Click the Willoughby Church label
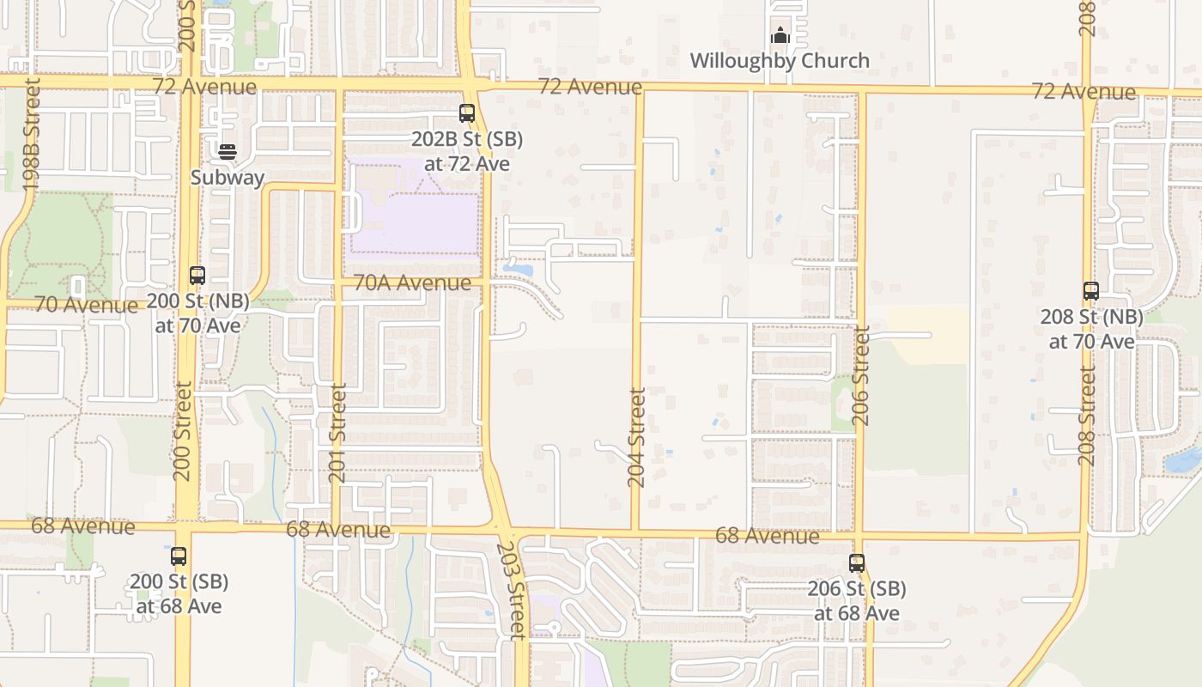(x=780, y=61)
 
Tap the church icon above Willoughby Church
(x=780, y=35)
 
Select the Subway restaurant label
(x=228, y=178)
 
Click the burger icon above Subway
(x=228, y=152)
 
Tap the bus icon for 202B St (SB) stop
(x=467, y=112)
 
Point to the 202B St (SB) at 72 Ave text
(x=467, y=151)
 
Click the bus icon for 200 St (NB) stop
(x=197, y=276)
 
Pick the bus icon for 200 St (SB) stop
(x=179, y=556)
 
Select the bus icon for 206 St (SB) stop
(x=857, y=563)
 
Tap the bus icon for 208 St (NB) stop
(x=1091, y=291)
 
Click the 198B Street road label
(x=32, y=134)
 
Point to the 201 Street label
(x=338, y=433)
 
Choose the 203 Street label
(x=513, y=588)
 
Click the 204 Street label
(x=636, y=437)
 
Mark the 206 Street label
(x=862, y=375)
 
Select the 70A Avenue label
(x=412, y=282)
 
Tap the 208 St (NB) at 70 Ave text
(x=1091, y=329)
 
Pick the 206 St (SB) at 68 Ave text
(x=857, y=601)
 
